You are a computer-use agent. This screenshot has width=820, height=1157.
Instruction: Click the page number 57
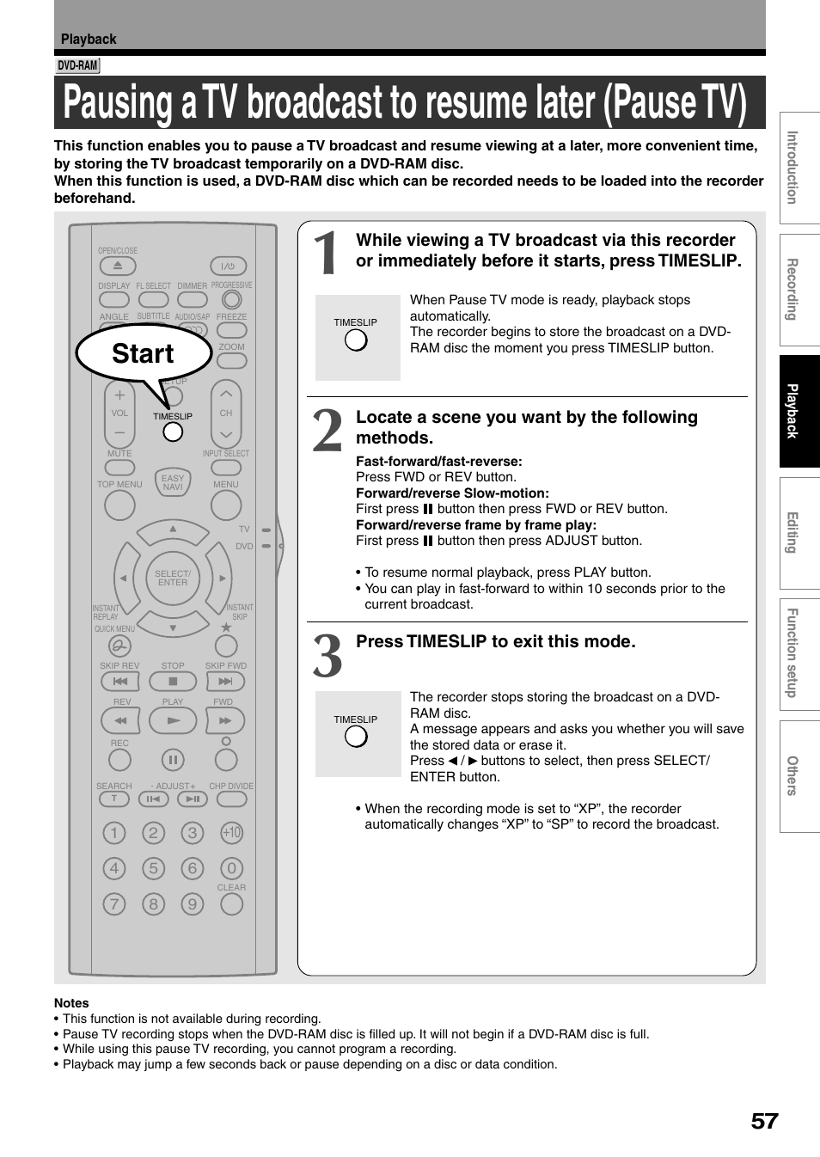(763, 1121)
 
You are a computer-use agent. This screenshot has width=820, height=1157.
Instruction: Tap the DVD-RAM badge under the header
(77, 66)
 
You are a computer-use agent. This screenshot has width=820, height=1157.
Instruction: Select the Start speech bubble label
(143, 353)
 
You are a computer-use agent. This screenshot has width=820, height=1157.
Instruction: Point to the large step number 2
(327, 431)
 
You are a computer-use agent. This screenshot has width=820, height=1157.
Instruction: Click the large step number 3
(327, 656)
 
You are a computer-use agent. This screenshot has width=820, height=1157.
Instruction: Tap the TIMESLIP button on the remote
(173, 432)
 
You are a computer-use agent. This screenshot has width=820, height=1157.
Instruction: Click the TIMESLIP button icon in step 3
(356, 737)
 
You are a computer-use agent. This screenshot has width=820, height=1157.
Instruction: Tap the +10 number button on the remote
(231, 833)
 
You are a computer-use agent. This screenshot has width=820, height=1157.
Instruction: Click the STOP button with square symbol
(173, 682)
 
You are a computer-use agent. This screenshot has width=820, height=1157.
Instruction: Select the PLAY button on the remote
(173, 720)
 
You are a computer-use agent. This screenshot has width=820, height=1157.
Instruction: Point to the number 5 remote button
(153, 868)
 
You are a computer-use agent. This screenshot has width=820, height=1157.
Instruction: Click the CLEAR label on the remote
(231, 887)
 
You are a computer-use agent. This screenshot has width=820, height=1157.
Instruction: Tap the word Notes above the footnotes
(71, 1003)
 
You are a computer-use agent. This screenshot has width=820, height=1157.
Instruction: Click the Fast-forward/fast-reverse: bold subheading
(438, 462)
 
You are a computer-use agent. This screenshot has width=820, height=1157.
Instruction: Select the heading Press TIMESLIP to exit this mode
(496, 641)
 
